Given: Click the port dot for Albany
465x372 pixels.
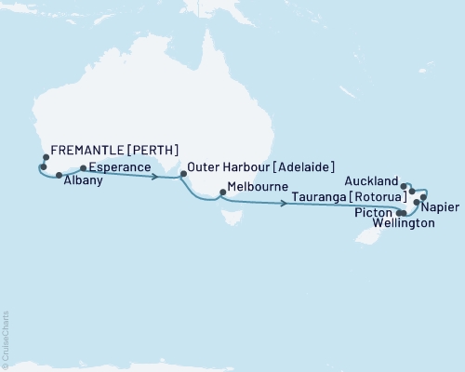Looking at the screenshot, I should pyautogui.click(x=59, y=174).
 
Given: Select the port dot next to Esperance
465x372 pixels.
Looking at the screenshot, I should pyautogui.click(x=84, y=168).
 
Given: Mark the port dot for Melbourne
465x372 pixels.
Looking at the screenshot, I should pyautogui.click(x=219, y=195).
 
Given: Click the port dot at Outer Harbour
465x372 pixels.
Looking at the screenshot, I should pyautogui.click(x=182, y=172).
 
